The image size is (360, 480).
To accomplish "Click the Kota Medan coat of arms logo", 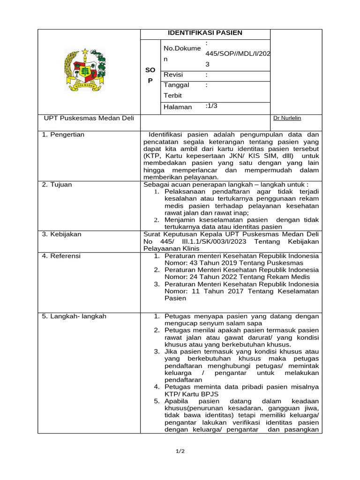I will (x=85, y=70).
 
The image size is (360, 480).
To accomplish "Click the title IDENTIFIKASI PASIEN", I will (x=205, y=33).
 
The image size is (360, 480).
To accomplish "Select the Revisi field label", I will (x=173, y=75).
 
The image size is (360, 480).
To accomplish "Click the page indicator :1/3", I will (x=211, y=106).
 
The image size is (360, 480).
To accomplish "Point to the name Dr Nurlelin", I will (x=287, y=118).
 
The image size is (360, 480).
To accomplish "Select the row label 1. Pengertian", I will (x=63, y=135).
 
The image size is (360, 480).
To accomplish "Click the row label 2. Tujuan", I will (x=57, y=185).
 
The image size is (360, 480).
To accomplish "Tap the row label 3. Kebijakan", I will (x=61, y=234).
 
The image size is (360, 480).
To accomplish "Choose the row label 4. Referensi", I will (x=61, y=256).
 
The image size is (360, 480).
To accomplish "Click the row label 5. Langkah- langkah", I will (x=74, y=316).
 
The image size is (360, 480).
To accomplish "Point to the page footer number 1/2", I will (x=180, y=451).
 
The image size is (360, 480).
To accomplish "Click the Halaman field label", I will (x=178, y=107).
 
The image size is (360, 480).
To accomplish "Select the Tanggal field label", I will (x=176, y=85).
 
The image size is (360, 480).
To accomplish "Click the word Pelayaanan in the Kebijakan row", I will (x=160, y=248).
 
